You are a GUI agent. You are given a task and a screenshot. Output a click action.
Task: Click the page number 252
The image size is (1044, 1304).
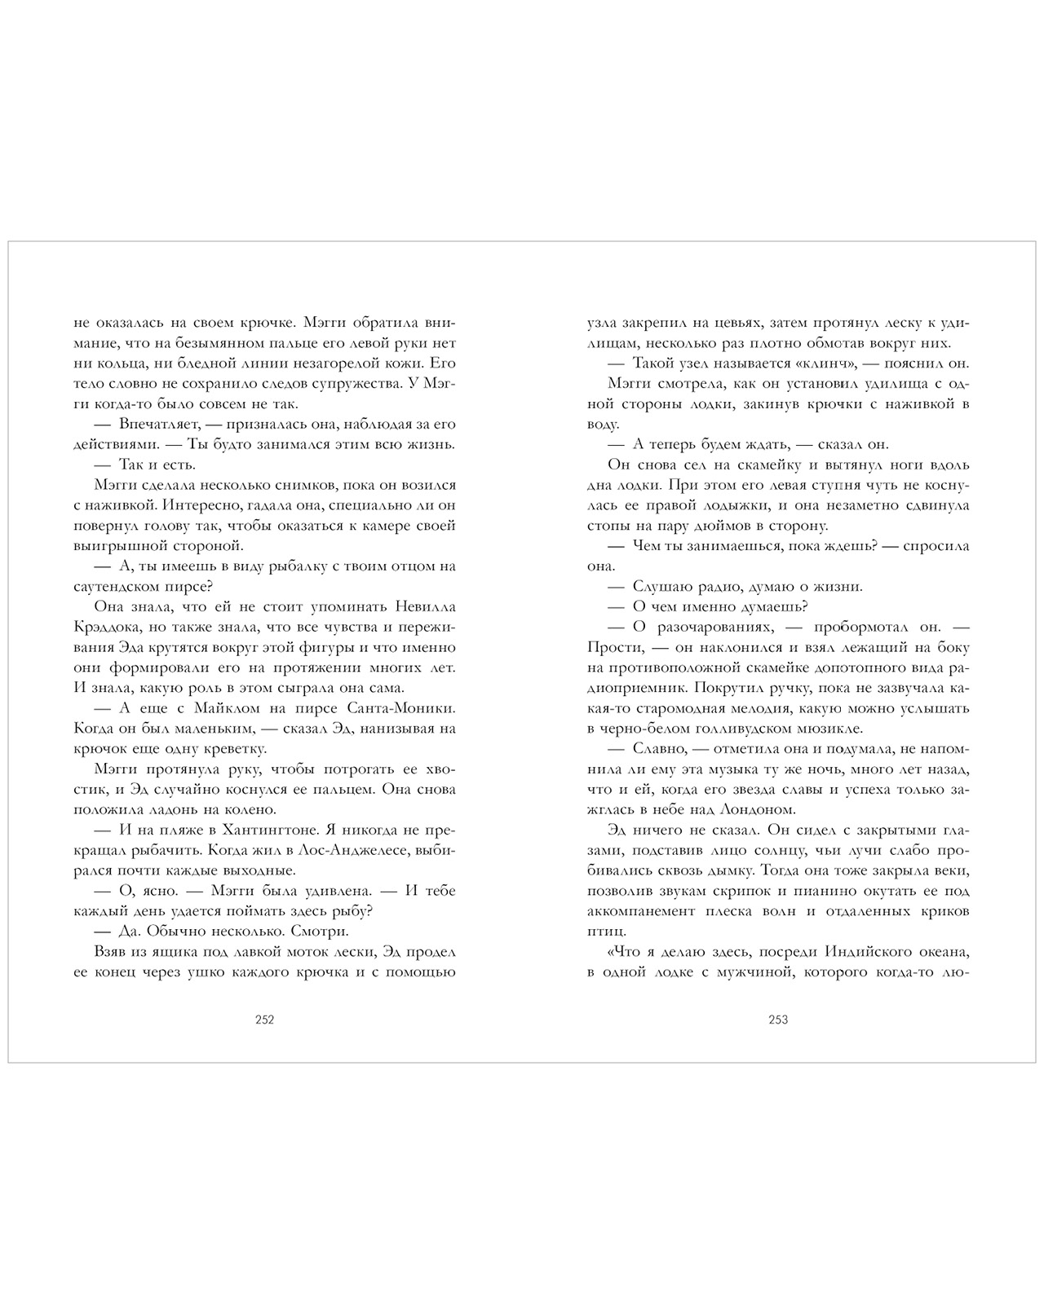click(x=264, y=1020)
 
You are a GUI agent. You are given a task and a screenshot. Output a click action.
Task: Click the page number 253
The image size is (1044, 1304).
click(x=778, y=1020)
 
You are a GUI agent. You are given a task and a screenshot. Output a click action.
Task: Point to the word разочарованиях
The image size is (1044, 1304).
click(x=708, y=628)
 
